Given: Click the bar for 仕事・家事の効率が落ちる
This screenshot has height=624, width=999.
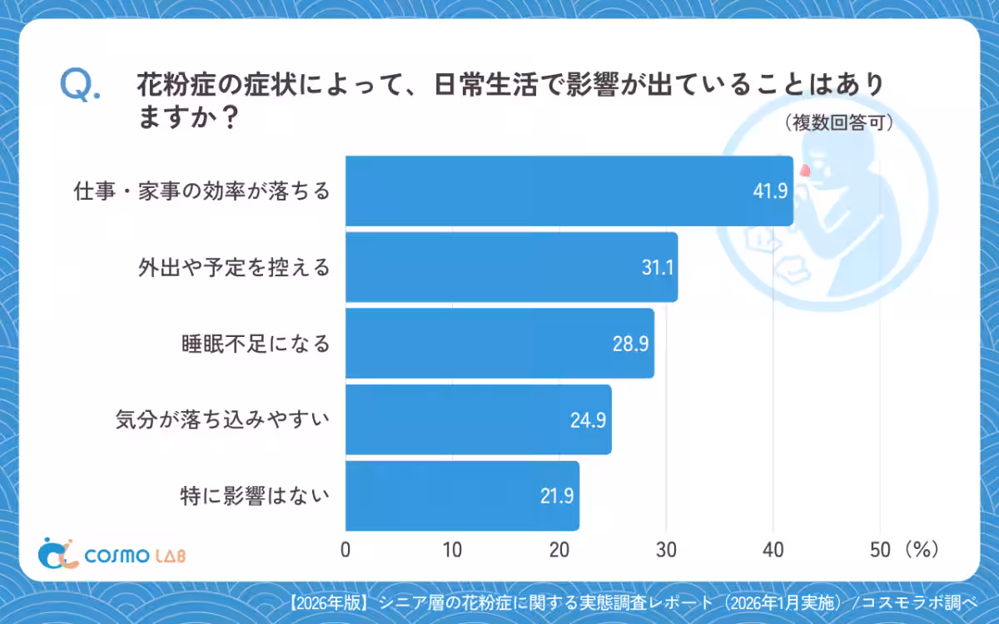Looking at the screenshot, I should coord(569,191).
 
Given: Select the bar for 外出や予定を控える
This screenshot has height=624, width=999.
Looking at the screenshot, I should coord(511,267).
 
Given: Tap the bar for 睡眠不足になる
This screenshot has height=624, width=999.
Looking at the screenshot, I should coord(499,343).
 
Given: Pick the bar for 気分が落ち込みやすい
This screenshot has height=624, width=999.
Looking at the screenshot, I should coord(478,419).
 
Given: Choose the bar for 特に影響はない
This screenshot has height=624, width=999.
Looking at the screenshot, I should coord(462,496).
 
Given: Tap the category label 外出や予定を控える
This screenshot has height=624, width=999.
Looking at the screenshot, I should coord(234,267).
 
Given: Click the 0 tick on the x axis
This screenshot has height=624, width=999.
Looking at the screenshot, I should coord(345,550).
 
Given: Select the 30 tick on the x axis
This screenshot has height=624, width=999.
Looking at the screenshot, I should coord(666,550).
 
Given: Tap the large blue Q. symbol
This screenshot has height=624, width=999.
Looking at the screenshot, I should coord(80,86).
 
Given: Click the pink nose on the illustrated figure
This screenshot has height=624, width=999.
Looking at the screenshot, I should coord(805,171).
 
